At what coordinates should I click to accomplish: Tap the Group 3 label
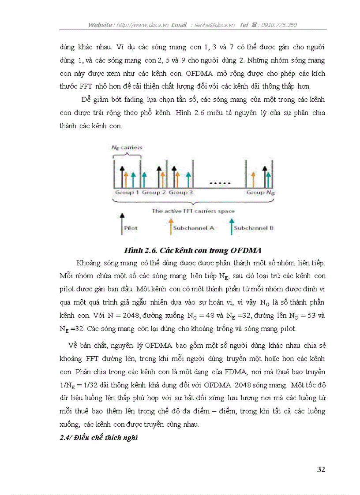coord(181,193)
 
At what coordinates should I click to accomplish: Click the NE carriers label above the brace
coord(127,147)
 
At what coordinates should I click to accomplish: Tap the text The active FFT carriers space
coord(193,211)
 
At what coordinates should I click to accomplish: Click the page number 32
coord(321,469)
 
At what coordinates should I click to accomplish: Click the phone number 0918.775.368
coord(279,25)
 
